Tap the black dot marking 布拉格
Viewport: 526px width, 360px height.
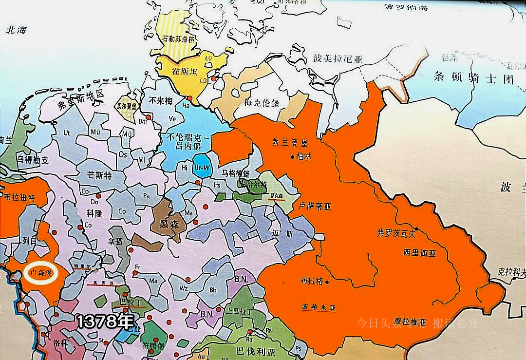point(327,282)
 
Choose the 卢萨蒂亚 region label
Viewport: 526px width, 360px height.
point(315,207)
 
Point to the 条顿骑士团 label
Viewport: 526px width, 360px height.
point(473,78)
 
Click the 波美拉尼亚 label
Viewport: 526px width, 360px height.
point(338,59)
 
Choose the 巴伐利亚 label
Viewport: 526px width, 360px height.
point(253,351)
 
